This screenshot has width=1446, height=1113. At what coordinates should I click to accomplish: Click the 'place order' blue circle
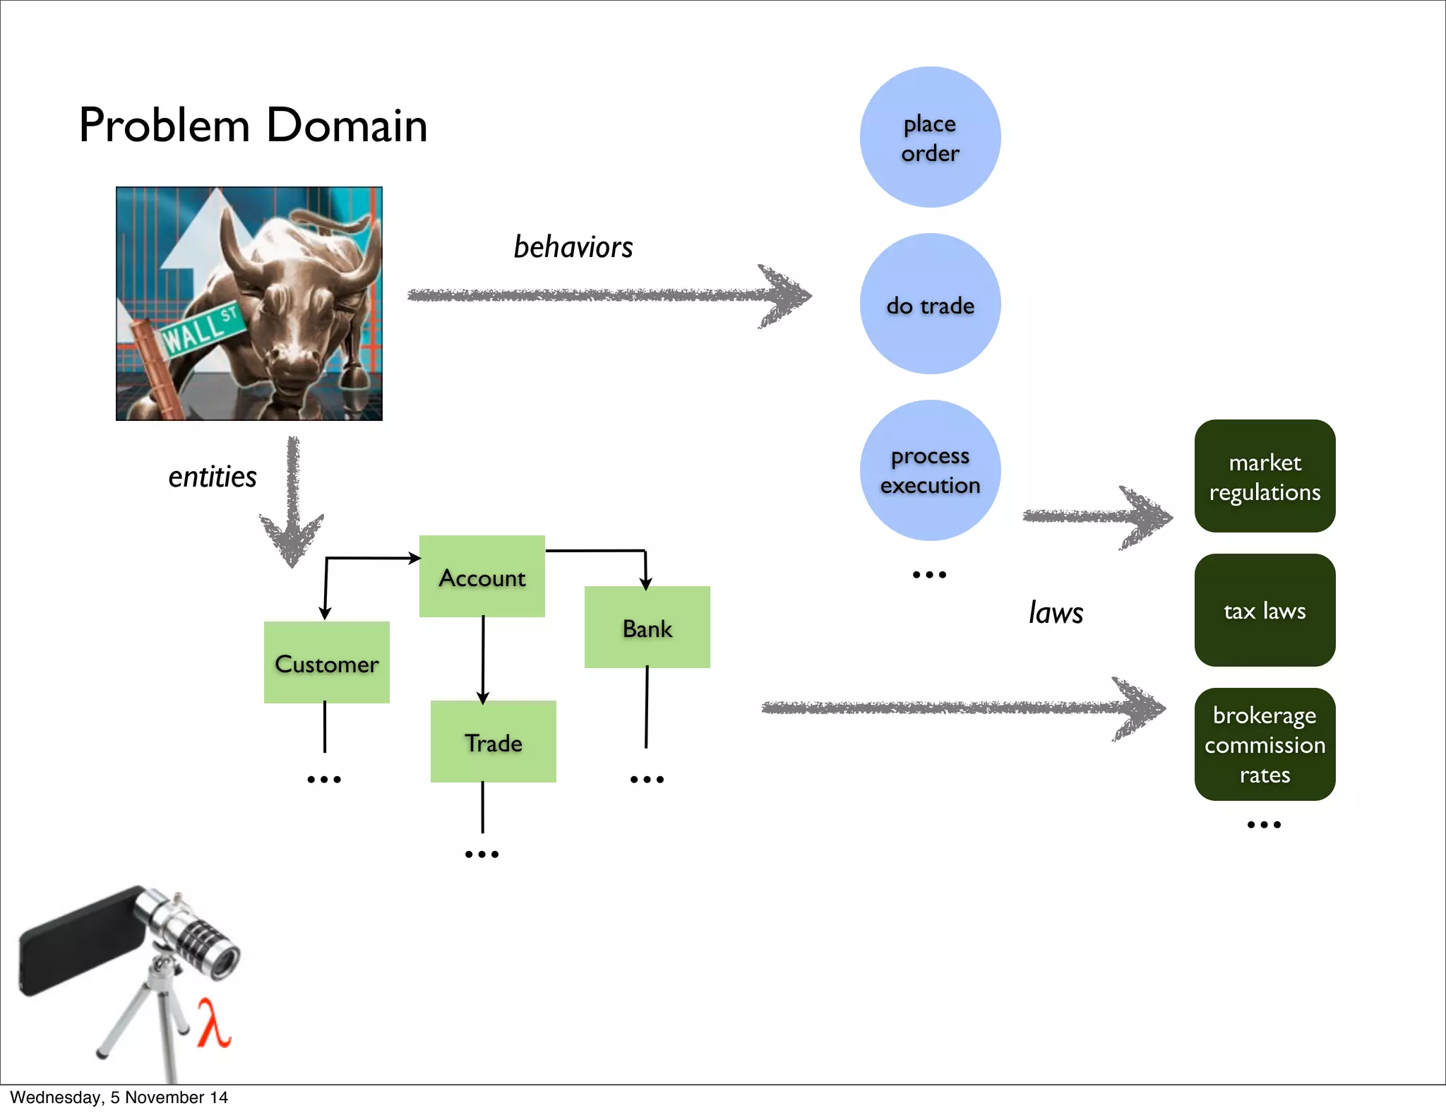click(930, 137)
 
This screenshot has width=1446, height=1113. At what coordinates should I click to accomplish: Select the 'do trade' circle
click(930, 304)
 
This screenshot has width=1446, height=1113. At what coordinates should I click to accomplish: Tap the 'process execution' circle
click(930, 470)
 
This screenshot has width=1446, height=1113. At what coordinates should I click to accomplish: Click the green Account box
click(482, 577)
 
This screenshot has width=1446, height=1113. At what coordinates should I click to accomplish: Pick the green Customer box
click(326, 662)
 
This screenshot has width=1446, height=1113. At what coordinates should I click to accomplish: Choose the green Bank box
click(647, 627)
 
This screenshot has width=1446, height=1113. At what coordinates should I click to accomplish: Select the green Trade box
click(493, 742)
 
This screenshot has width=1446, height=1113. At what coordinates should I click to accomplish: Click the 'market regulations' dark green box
click(1265, 476)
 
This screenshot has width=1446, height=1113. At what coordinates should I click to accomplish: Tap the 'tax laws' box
click(1265, 610)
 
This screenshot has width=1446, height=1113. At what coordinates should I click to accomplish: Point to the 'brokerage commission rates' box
click(1265, 744)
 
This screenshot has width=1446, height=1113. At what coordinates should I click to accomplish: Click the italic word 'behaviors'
click(573, 247)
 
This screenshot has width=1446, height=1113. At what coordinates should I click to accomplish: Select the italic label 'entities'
click(212, 477)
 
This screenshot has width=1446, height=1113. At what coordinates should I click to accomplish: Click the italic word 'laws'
click(1056, 612)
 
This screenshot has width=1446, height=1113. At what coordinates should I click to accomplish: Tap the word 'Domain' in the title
click(347, 126)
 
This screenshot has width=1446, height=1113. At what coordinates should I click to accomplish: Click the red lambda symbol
click(213, 1023)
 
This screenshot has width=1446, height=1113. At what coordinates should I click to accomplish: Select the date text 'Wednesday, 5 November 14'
click(119, 1097)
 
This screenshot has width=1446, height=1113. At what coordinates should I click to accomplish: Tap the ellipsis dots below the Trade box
click(482, 855)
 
